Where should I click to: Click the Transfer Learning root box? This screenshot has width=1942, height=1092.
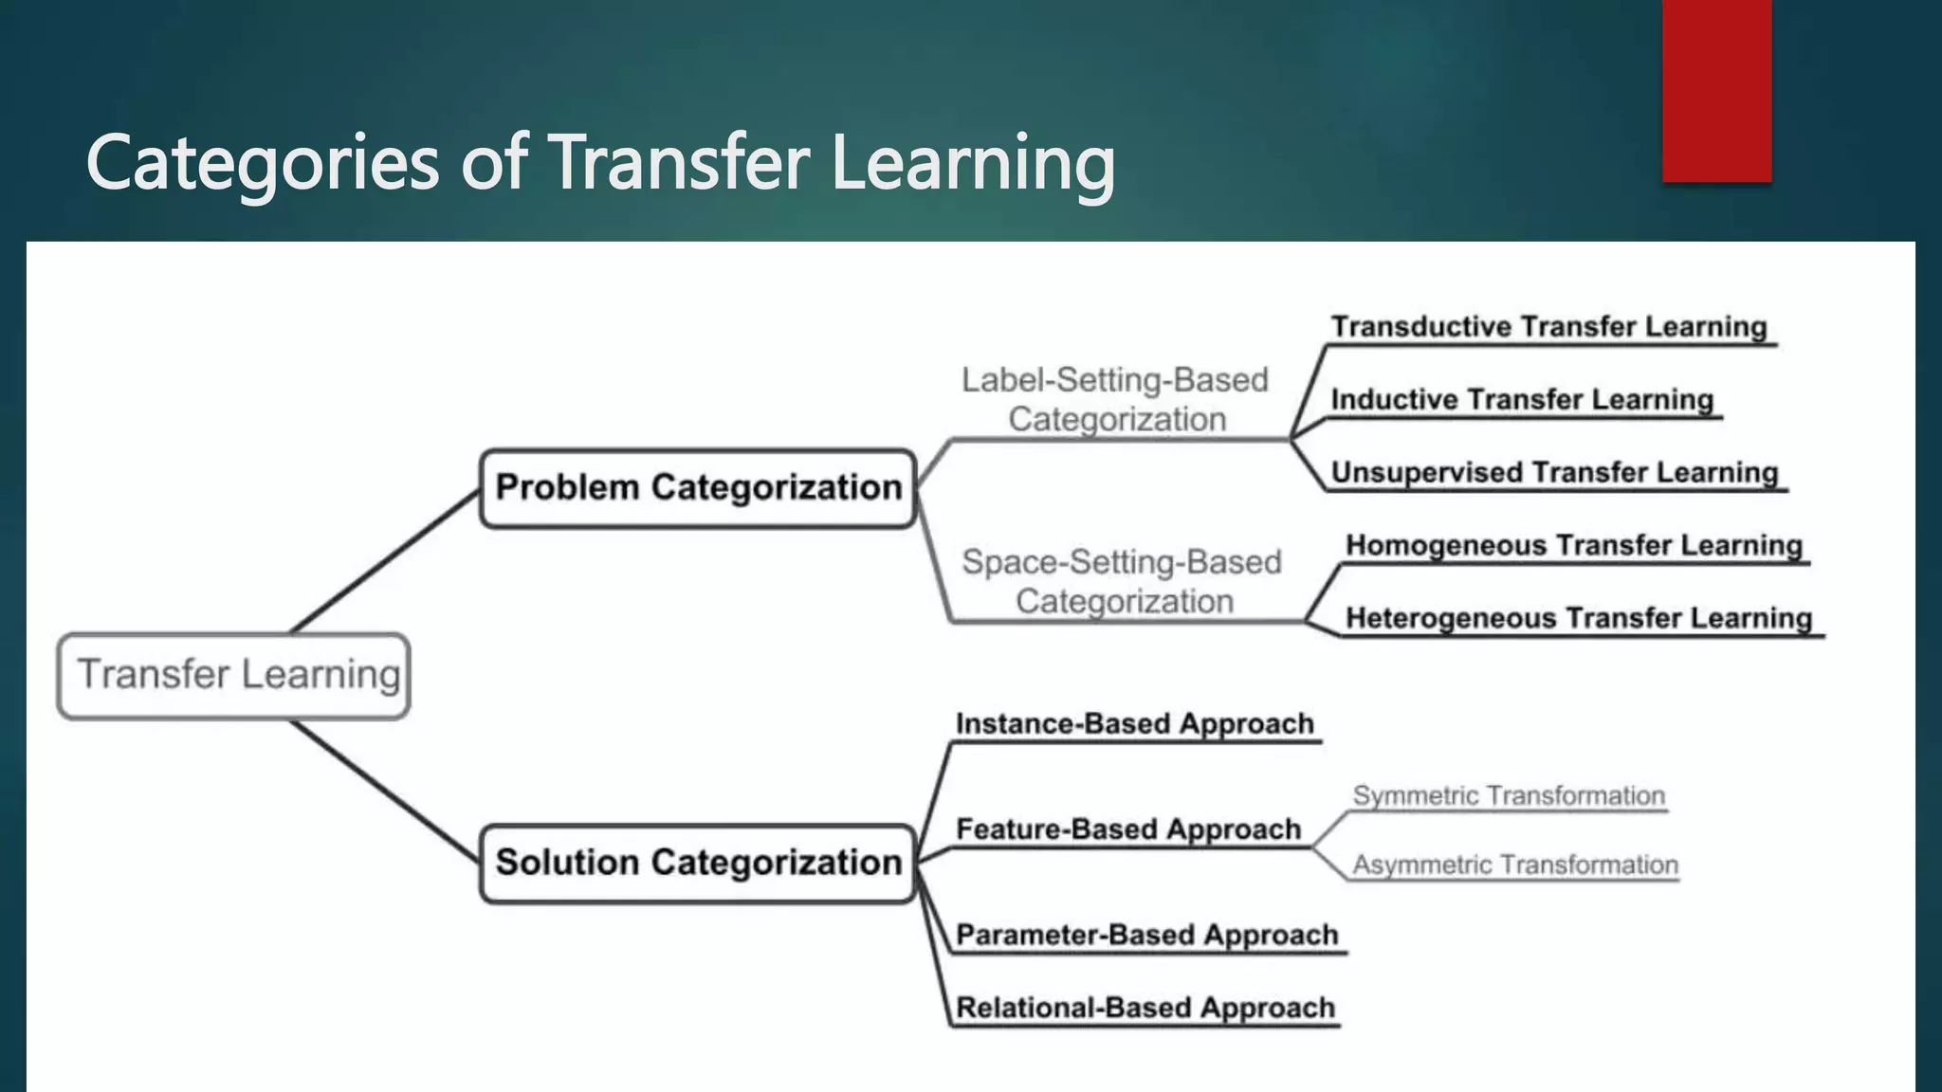click(x=234, y=675)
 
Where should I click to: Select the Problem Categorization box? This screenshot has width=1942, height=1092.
click(x=698, y=488)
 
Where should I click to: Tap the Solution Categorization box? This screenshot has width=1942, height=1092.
click(x=698, y=863)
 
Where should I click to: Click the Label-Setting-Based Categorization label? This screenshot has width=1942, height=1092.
click(x=1115, y=399)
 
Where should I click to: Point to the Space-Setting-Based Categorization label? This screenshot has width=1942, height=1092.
click(x=1122, y=581)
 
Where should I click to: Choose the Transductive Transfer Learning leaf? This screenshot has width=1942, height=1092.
click(x=1548, y=327)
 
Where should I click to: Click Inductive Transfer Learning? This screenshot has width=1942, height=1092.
click(x=1522, y=400)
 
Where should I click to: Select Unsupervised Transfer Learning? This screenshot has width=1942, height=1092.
click(x=1554, y=472)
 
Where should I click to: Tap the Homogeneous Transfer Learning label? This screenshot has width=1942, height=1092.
click(x=1574, y=545)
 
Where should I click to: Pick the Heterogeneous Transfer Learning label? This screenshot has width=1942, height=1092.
click(x=1579, y=618)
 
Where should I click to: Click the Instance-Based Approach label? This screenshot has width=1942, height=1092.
click(x=1134, y=724)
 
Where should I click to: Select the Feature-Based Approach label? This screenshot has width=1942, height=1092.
click(x=1128, y=829)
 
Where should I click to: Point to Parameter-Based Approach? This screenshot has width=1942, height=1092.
click(x=1146, y=935)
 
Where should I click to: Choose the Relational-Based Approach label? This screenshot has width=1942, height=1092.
click(x=1145, y=1008)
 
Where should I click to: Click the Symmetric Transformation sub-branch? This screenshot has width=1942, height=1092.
click(x=1508, y=795)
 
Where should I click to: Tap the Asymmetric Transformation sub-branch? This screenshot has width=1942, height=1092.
click(x=1514, y=864)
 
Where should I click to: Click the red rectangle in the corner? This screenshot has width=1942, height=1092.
click(x=1716, y=90)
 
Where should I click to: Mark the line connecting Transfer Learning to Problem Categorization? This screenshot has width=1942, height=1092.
click(x=384, y=561)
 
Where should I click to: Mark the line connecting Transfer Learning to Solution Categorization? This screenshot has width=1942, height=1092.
click(x=384, y=791)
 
